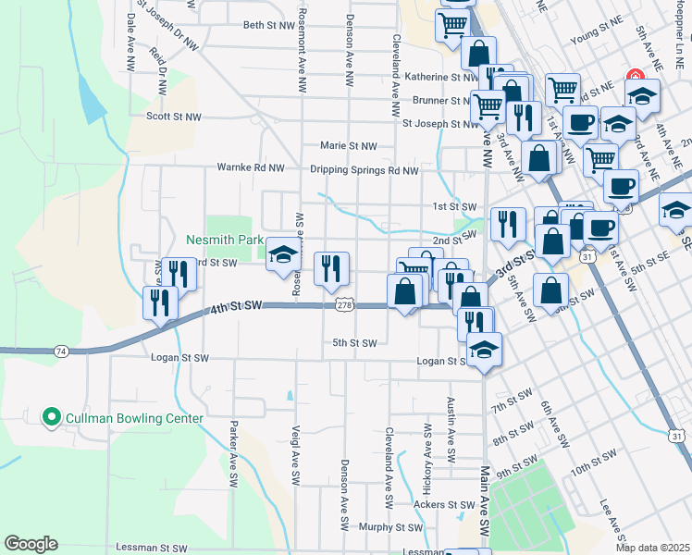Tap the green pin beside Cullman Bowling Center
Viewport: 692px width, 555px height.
51,418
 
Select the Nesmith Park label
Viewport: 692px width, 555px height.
225,240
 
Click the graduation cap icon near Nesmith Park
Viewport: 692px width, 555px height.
282,256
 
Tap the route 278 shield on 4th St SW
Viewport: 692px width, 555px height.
344,304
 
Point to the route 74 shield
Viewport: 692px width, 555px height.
61,351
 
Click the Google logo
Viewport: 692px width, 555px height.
31,544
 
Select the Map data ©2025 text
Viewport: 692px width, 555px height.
652,548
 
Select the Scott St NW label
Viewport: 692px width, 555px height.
173,117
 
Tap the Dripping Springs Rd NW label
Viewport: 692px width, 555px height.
365,170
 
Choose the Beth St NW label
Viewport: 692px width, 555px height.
272,25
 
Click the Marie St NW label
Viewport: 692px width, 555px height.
348,145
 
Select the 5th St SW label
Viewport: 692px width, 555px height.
354,343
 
